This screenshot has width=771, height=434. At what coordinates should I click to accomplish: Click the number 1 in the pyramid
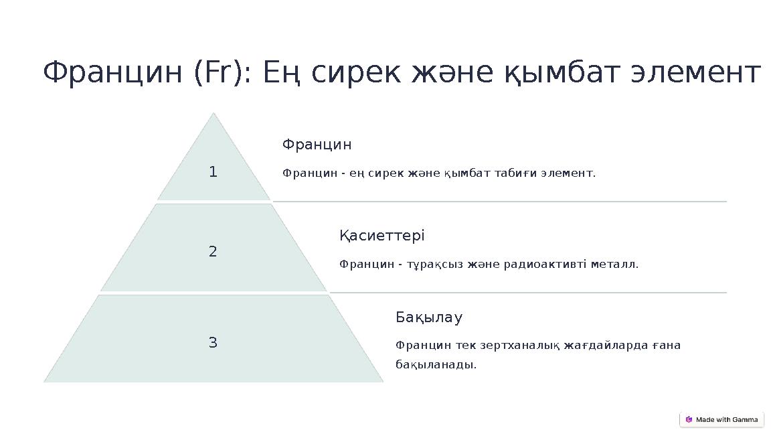tap(213, 172)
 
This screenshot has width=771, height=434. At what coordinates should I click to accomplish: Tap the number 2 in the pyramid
tap(213, 252)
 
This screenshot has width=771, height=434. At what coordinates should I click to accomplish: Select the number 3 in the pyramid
tap(213, 343)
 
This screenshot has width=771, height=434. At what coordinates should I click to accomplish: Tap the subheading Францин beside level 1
tap(317, 145)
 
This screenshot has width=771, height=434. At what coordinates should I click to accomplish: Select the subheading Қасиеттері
tap(381, 236)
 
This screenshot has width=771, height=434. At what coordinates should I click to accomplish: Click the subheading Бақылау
tap(429, 317)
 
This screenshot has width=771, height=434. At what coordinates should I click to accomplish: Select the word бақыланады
tap(436, 365)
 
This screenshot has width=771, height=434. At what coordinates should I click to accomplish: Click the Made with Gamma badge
tap(721, 420)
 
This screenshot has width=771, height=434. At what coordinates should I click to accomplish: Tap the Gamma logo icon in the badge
tap(689, 420)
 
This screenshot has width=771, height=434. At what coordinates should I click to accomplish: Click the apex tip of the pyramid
tap(213, 114)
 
